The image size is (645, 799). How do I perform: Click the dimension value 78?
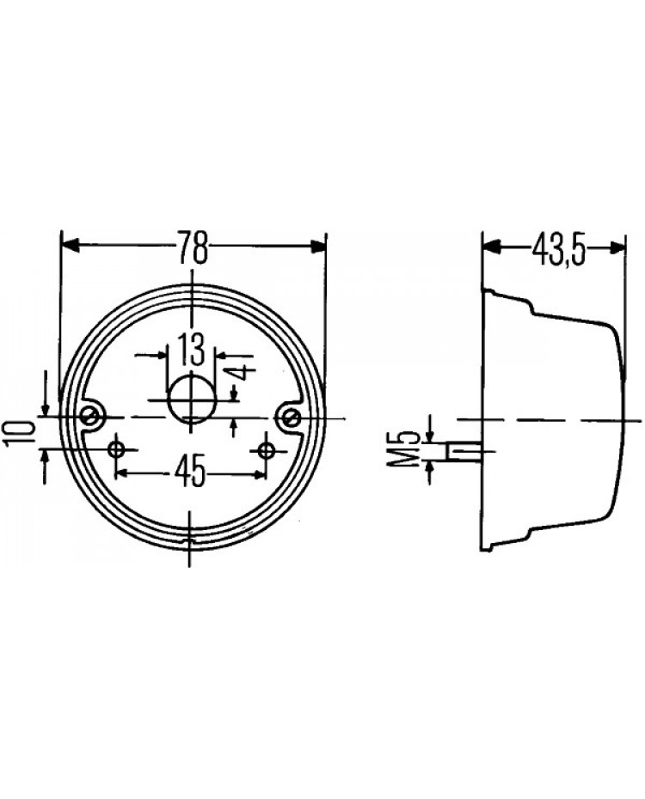[x=193, y=247]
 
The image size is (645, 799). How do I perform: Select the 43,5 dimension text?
[x=558, y=249]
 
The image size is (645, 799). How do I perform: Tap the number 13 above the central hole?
[x=191, y=349]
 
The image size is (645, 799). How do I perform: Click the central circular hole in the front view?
[x=192, y=399]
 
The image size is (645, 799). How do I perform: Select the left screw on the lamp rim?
[x=92, y=417]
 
